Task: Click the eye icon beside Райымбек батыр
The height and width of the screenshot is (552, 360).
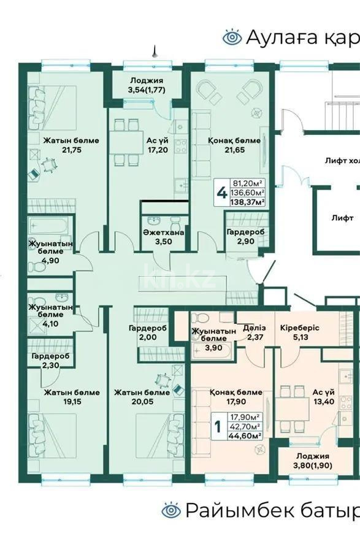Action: click(x=170, y=510)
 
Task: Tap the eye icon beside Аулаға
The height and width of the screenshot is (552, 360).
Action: click(x=232, y=37)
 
